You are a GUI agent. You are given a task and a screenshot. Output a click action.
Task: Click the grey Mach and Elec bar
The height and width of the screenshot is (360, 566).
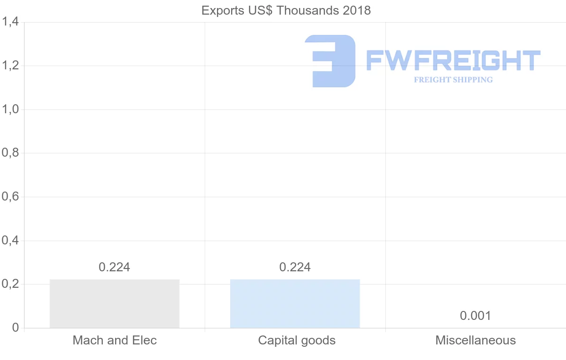coord(114,303)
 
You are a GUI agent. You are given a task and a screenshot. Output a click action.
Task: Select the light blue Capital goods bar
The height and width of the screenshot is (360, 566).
coord(295,303)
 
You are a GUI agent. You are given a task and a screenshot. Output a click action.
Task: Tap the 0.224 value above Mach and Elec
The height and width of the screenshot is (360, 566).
coord(114,267)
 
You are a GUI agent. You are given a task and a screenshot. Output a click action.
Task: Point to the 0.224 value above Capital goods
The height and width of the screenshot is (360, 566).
coord(295,267)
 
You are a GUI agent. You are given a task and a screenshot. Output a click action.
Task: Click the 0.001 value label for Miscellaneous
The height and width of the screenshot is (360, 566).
coord(475,316)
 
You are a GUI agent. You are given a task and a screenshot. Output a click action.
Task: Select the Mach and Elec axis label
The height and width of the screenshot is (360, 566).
coord(114,340)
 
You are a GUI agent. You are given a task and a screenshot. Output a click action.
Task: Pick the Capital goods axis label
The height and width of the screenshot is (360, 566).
coord(297,340)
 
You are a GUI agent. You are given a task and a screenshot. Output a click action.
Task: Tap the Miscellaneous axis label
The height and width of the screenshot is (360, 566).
coord(475,340)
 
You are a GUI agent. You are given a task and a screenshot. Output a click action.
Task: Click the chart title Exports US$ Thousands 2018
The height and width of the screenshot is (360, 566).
coord(286,10)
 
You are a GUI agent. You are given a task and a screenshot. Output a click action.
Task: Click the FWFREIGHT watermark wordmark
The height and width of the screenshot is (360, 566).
coord(453,61)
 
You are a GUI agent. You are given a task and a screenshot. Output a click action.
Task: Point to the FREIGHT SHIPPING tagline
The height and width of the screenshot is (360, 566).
coord(453,80)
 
